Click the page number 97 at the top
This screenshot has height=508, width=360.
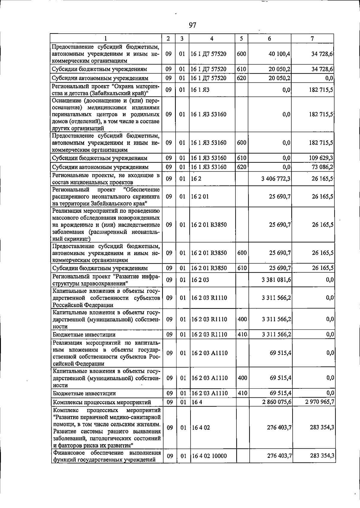pos(192,25)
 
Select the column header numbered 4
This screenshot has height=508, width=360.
pos(212,39)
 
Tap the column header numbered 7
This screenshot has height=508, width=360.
pos(312,39)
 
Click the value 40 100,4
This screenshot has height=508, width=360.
pos(280,54)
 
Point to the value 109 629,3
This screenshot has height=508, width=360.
pos(321,158)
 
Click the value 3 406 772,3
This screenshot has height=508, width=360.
pos(276,179)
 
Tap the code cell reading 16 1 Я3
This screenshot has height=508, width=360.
pos(200,90)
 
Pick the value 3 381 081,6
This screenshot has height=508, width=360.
pos(276,280)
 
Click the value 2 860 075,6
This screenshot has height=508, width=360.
pos(276,402)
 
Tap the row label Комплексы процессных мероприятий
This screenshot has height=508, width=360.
pos(102,402)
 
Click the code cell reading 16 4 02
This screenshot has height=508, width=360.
pos(200,427)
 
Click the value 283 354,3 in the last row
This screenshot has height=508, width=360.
pos(322,456)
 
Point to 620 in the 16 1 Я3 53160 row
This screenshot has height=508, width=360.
pos(241,167)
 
